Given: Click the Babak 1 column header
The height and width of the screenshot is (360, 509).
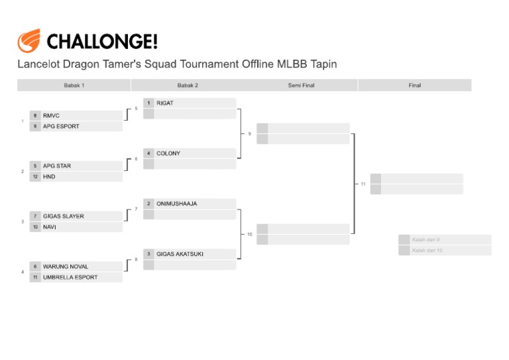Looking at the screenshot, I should point(74,86).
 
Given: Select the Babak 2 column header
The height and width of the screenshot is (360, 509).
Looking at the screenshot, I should point(188,86).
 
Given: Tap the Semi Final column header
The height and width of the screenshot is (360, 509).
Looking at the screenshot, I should point(301,86).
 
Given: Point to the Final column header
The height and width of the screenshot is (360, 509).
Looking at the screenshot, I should point(415,86).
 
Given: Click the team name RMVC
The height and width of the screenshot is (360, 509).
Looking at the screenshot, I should point(51,115).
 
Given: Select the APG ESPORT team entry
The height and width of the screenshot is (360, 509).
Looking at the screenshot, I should point(61,126).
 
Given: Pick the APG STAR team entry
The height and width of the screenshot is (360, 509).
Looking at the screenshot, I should point(57,166).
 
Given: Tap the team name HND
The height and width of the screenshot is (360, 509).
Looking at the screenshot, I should point(49,177).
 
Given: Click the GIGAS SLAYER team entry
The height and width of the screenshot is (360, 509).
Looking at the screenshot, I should point(64,216).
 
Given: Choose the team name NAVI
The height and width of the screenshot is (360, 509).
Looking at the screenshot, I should point(50,227).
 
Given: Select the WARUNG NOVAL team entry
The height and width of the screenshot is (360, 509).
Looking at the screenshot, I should point(66,267).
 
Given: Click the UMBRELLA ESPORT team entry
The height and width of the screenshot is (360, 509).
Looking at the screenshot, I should point(70,277).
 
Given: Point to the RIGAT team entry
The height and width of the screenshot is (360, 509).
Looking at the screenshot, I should point(165,103).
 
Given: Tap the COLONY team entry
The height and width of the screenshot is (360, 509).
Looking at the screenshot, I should point(168,154).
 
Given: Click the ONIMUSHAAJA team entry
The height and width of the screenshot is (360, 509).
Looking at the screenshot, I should point(177,204).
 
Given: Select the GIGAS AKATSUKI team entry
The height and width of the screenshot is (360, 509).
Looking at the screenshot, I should point(180,254).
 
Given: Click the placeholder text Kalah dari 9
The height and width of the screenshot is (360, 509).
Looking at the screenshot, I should point(425,239).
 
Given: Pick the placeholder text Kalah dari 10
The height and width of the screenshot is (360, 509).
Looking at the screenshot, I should point(427,251).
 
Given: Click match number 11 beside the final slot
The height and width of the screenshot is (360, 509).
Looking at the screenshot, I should point(363,184).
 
